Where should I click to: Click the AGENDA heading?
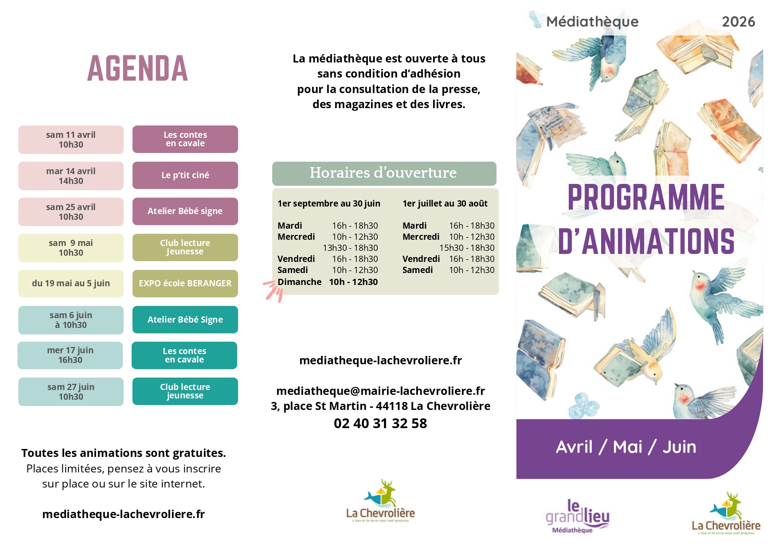(x=137, y=69)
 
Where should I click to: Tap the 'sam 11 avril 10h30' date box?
(x=71, y=140)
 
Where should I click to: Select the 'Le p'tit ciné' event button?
(x=185, y=175)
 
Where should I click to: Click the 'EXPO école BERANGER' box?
(x=185, y=283)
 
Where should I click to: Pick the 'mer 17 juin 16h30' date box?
(x=70, y=355)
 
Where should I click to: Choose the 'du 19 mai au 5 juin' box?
(x=71, y=283)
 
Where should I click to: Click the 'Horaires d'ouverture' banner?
(x=383, y=173)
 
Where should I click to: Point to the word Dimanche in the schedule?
(x=299, y=282)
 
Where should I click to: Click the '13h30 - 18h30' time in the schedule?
(x=350, y=248)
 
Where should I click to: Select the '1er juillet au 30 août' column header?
(x=445, y=203)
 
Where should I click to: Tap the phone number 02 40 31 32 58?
(x=380, y=423)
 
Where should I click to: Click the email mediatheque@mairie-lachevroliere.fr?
(x=380, y=391)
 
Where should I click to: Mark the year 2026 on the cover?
(x=738, y=22)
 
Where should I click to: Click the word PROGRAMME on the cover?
(x=646, y=197)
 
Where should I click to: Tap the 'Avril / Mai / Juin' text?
(x=626, y=447)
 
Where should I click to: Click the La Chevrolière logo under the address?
(x=380, y=501)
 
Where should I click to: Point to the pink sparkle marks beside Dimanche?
(x=274, y=290)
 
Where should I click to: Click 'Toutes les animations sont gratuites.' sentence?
(x=124, y=453)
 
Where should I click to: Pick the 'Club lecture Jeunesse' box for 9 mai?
(x=185, y=247)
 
